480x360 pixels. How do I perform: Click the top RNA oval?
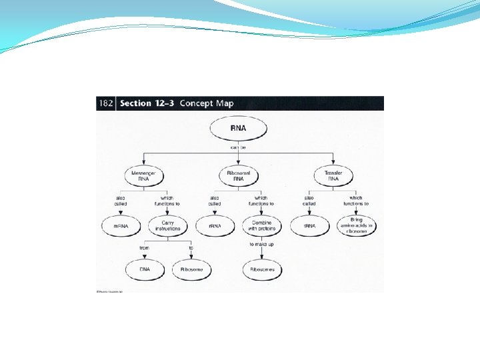(x=239, y=129)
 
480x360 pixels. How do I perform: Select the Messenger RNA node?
(x=144, y=175)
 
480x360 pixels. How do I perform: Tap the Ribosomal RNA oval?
(x=239, y=175)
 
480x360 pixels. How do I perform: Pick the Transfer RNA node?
(x=333, y=175)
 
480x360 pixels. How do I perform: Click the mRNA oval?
(x=120, y=226)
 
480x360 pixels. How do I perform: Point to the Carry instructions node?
(x=167, y=226)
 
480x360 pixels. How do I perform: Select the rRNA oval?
(x=215, y=226)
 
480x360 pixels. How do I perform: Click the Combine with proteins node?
(x=261, y=226)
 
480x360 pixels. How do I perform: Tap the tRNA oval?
(x=309, y=226)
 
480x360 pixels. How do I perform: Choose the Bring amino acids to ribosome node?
(x=357, y=226)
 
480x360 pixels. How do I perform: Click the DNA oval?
(x=145, y=269)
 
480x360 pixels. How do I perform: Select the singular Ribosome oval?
(x=191, y=269)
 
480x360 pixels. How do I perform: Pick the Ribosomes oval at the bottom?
(x=261, y=269)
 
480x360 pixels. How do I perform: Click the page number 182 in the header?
(x=105, y=103)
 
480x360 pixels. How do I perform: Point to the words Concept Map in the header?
(x=206, y=103)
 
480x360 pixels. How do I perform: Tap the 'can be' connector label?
(x=239, y=147)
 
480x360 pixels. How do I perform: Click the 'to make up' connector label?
(x=261, y=245)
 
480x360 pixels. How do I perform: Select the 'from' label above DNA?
(x=145, y=248)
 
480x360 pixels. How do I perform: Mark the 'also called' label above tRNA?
(x=309, y=201)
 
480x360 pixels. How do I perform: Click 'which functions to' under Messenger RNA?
(x=167, y=201)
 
